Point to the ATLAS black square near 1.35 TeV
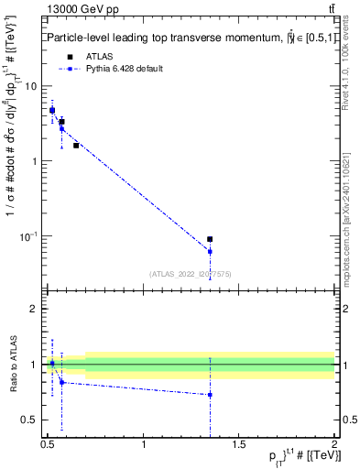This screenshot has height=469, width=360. point(210,239)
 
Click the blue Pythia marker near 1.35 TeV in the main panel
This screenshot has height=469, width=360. point(210,251)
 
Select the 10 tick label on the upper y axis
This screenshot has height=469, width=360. point(30,86)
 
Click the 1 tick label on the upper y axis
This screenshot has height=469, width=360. point(33,161)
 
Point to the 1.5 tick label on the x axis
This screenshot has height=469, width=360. point(239,445)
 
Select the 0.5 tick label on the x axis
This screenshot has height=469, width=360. point(49,445)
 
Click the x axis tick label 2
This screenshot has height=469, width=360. point(334,445)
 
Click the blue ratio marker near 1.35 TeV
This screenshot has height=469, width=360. point(210,395)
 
